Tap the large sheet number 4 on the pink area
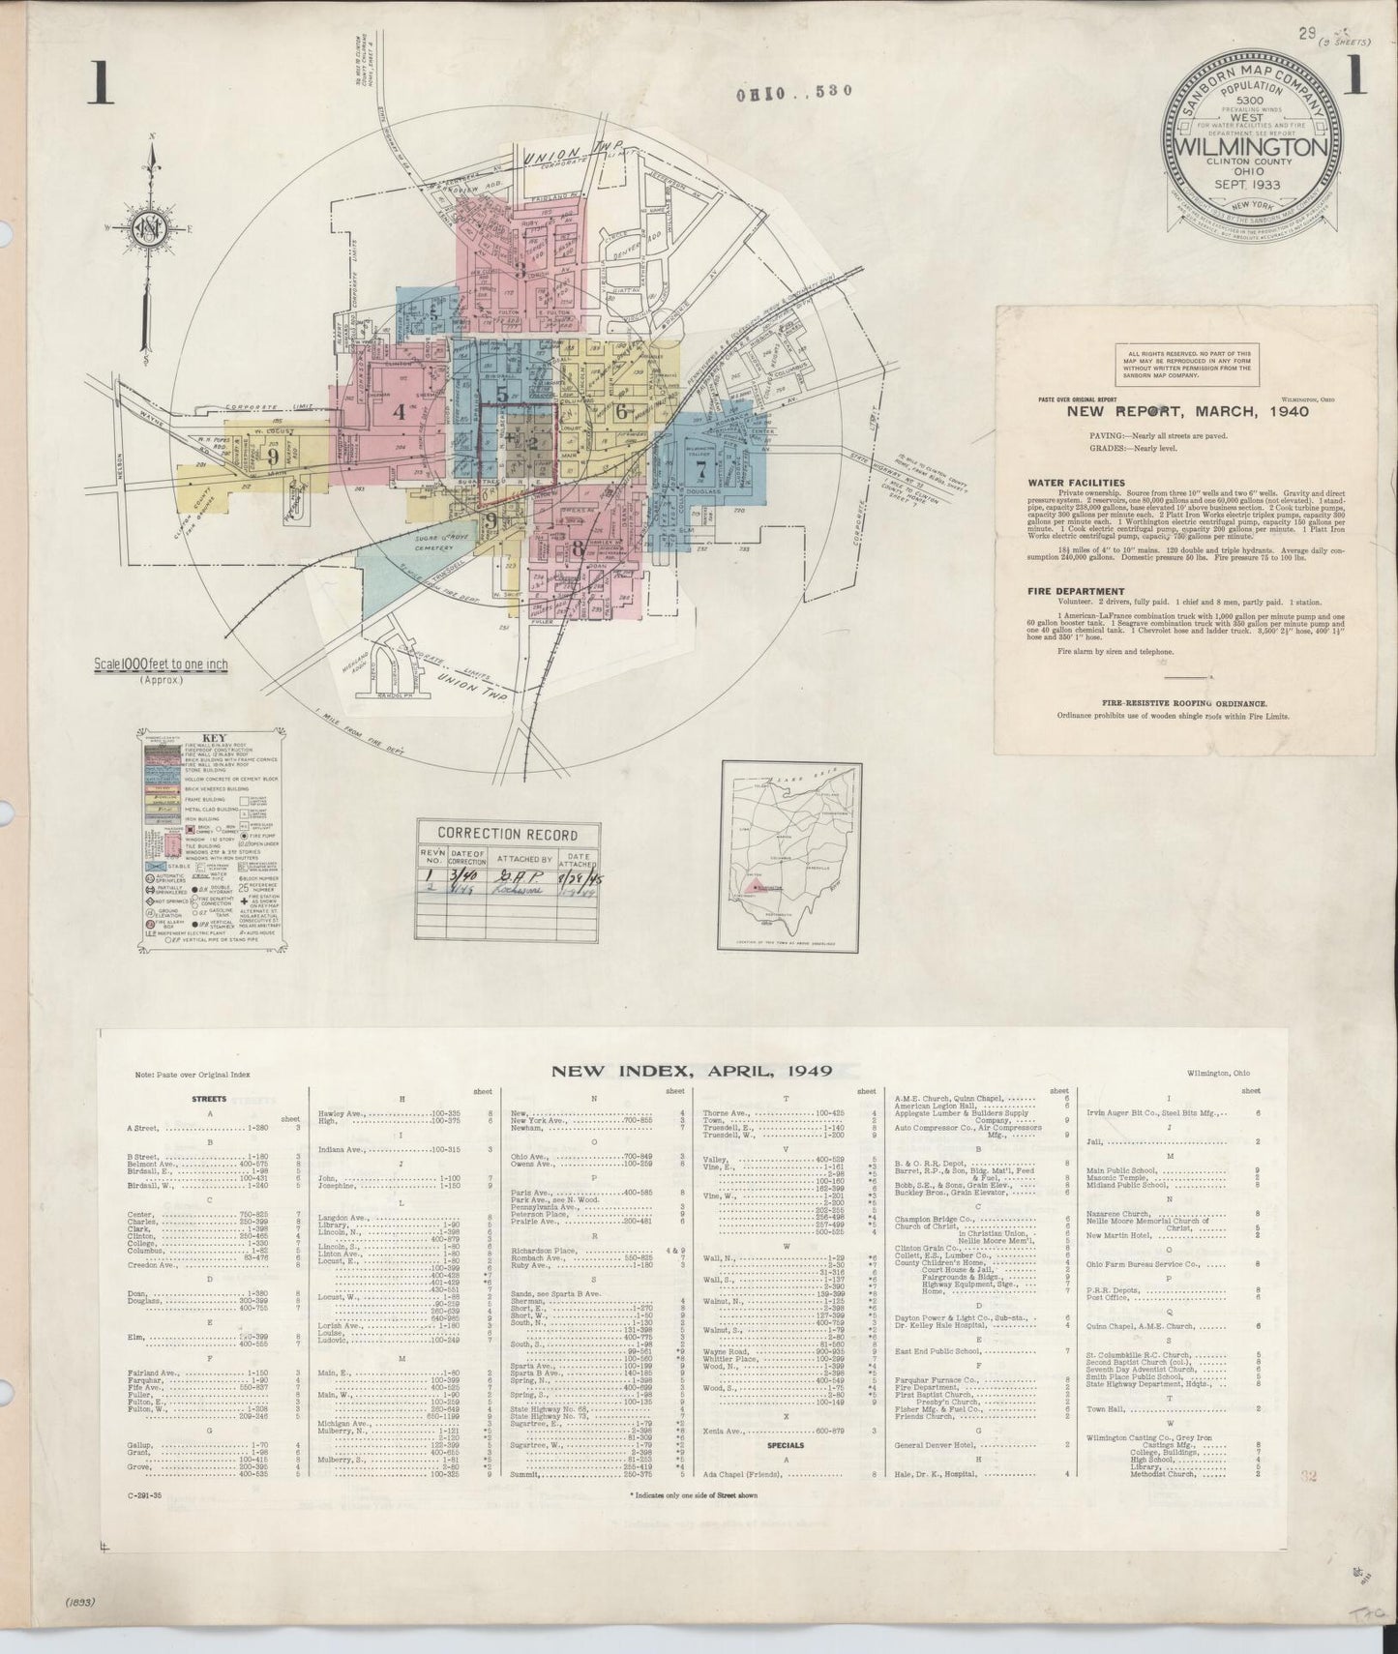[x=399, y=410]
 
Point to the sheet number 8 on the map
[x=579, y=546]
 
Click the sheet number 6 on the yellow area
[x=621, y=410]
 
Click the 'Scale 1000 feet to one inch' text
[x=161, y=665]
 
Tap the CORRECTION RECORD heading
[x=508, y=834]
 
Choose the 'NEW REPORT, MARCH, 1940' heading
[x=1187, y=411]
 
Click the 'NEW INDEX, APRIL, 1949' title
[x=692, y=1071]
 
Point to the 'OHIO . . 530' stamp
[x=794, y=92]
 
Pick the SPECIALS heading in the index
[x=787, y=1446]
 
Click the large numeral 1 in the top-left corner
[x=101, y=84]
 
